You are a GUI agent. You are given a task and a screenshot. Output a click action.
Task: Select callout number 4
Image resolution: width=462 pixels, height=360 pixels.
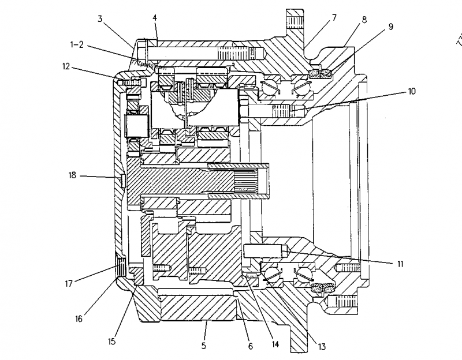[155, 17]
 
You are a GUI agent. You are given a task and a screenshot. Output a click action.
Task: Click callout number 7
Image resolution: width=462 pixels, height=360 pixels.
[334, 18]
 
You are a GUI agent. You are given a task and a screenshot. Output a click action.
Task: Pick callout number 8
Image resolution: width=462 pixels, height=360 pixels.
[364, 20]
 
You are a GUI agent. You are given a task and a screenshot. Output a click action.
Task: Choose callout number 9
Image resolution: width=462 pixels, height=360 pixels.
[391, 26]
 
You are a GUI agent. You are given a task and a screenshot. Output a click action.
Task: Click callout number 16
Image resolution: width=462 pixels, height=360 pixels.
[79, 318]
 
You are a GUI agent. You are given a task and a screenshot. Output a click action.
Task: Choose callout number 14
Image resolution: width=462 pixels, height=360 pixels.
[275, 344]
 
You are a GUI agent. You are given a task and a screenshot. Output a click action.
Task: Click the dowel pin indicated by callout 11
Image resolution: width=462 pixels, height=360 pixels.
[264, 252]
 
